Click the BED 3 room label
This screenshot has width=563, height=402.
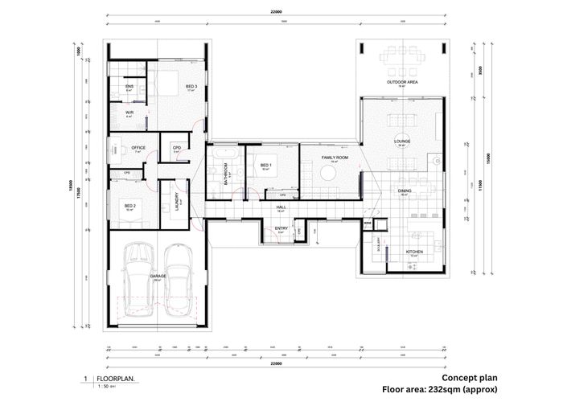191,86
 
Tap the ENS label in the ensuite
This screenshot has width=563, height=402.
129,86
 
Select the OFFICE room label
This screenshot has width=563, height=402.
138,147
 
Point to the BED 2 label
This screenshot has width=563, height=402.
130,206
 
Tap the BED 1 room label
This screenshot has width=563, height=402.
266,166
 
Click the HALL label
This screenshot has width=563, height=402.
281,207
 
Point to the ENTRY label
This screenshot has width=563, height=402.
281,228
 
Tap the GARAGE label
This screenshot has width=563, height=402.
158,276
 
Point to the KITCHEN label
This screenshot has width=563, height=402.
414,252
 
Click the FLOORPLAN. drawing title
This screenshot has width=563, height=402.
115,378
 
